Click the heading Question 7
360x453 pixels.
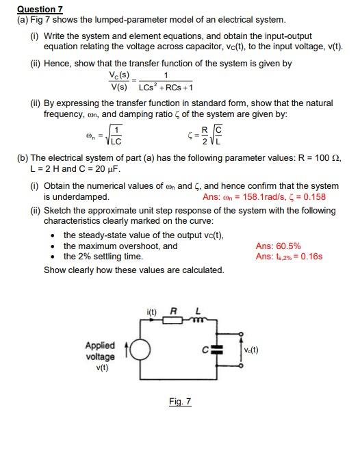click(x=40, y=9)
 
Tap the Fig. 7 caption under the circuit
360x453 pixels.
click(x=180, y=402)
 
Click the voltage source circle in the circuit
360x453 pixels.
click(x=138, y=351)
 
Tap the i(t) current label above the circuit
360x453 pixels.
click(x=152, y=313)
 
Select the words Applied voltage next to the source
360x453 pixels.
click(x=101, y=351)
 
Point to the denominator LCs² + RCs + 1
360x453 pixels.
click(x=166, y=88)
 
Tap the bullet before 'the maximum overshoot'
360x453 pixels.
click(x=53, y=246)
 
